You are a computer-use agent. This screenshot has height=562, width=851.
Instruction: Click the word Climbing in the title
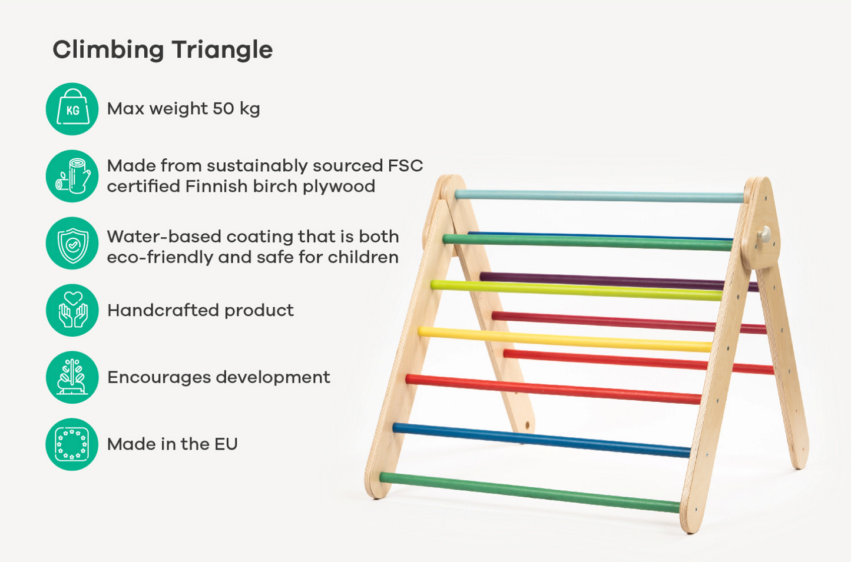click(x=108, y=50)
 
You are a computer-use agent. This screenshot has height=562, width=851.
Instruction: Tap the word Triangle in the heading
click(x=222, y=50)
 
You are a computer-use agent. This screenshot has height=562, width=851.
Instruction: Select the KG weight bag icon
click(x=72, y=109)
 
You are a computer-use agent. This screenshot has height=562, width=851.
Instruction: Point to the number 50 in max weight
click(x=223, y=109)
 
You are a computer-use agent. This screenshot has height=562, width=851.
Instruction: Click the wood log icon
click(x=72, y=176)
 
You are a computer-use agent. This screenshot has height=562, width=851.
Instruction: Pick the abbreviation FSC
click(x=405, y=165)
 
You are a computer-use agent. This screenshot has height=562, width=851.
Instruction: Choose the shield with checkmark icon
click(x=72, y=244)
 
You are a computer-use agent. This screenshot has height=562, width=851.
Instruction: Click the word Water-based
click(x=164, y=237)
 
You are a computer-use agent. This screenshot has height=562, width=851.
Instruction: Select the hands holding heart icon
click(x=72, y=310)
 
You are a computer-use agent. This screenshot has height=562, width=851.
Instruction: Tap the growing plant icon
click(x=72, y=377)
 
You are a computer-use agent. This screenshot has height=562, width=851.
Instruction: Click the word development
click(x=273, y=378)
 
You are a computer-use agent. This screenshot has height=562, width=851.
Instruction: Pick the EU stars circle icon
click(x=72, y=444)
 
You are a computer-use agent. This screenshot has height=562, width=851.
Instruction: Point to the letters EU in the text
click(x=226, y=444)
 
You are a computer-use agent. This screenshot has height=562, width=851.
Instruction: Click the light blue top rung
click(x=600, y=197)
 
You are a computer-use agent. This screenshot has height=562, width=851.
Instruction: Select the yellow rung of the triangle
click(x=565, y=339)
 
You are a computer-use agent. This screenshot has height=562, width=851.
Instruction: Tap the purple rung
click(x=619, y=282)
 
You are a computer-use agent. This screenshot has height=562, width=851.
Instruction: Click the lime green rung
click(x=577, y=290)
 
